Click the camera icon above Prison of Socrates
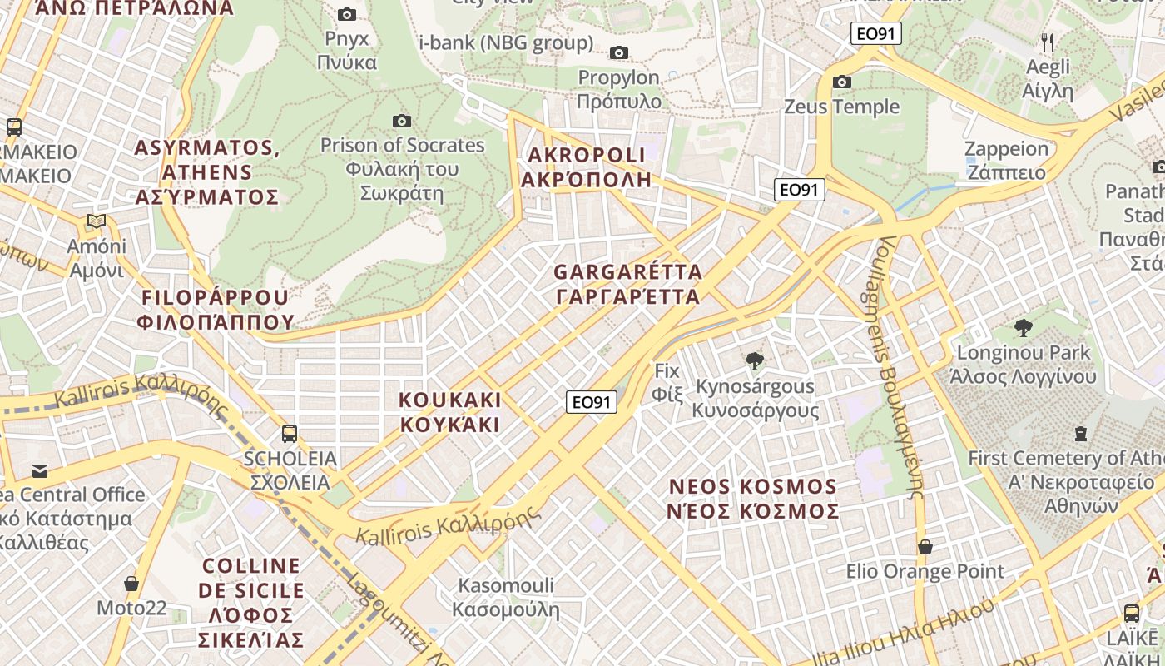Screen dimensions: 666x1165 coord(402,122)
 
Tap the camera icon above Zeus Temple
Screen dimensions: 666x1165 coord(842,82)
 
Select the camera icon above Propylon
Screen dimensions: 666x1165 coord(618,53)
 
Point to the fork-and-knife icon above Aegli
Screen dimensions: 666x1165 coord(1048,42)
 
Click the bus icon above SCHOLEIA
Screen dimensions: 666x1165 coord(289,434)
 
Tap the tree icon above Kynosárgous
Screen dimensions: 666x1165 coord(755,361)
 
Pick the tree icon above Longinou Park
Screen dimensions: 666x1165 coord(1024,328)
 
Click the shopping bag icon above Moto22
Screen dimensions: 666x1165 coord(131,583)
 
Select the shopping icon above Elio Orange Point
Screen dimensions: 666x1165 coord(925,547)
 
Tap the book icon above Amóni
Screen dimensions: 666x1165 coord(97,221)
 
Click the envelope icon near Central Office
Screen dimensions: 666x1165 coord(39,470)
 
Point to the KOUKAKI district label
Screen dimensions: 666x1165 coord(450,412)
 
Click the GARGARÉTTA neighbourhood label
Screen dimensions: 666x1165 coord(627,284)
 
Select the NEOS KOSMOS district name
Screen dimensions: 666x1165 coord(752,498)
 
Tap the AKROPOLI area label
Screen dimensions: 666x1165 coord(587,167)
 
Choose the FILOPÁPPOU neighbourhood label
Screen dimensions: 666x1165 coord(217,309)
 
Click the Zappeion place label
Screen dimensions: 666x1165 coord(1005,161)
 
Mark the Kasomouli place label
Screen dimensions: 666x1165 coord(505,597)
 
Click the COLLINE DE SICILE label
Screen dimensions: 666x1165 coord(253,603)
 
